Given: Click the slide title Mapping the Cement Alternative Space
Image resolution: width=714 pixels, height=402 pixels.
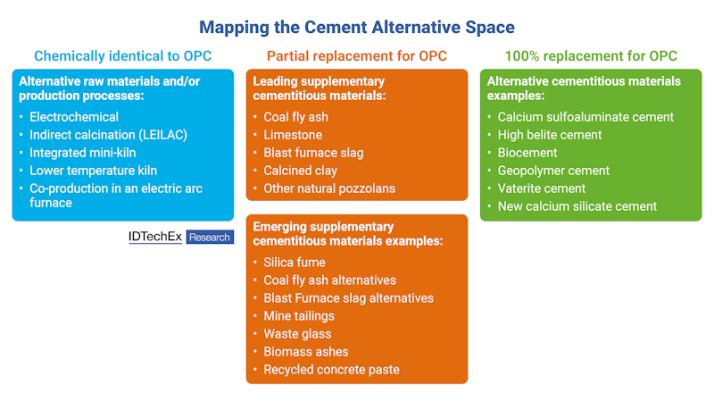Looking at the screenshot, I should (357, 27).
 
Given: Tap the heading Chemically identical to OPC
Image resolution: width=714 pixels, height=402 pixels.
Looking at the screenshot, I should (122, 56).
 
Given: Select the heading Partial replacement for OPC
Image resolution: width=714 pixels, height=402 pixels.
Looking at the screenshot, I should (357, 56).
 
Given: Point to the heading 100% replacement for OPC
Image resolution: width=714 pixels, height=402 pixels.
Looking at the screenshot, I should (591, 56).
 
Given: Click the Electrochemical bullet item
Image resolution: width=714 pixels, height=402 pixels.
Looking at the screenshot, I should (74, 117).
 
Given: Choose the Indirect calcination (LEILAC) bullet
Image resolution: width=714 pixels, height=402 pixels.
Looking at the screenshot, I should (109, 135).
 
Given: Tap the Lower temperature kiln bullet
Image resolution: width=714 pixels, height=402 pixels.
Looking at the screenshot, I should (93, 171).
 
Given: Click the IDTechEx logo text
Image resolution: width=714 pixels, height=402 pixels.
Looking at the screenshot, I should (155, 237).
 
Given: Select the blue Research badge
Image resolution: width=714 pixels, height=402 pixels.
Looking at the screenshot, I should (210, 238).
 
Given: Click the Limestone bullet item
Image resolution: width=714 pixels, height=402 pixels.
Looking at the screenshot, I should (293, 135).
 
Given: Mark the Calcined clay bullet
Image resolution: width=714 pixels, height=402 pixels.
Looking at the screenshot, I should (299, 171).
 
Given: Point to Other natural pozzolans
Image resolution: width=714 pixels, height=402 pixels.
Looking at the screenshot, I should (329, 188).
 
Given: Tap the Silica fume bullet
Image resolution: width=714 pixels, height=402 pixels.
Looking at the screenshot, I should (295, 263).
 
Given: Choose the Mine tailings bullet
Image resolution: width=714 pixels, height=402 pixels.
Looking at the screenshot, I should (299, 316).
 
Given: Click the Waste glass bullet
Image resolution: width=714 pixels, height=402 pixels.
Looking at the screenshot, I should (297, 334).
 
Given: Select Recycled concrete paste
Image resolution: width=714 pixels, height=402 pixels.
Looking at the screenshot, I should (332, 370).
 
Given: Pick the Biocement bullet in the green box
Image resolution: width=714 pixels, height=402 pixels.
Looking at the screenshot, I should (527, 153).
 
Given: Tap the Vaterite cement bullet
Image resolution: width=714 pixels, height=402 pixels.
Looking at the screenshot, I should (542, 188).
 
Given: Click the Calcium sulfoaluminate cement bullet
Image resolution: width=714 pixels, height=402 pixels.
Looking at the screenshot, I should (585, 117).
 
